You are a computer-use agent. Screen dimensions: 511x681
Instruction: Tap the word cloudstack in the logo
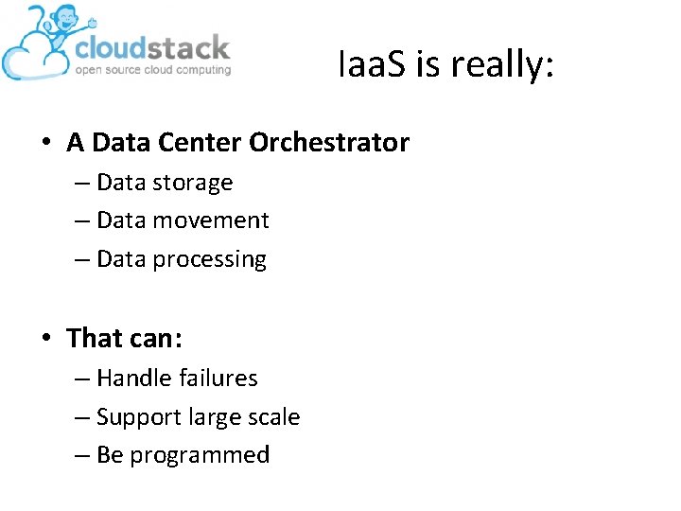[x=152, y=48]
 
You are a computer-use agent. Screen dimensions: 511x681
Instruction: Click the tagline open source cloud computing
[x=152, y=70]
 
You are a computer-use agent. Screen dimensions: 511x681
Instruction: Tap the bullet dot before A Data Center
[x=45, y=144]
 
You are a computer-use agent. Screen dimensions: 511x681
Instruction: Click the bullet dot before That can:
[x=45, y=339]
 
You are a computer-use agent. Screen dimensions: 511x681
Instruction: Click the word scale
[x=273, y=417]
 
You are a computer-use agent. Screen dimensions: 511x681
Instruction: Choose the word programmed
[x=200, y=456]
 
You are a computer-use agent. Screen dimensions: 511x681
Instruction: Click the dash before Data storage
[x=81, y=183]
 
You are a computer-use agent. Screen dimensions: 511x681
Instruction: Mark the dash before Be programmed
[x=81, y=456]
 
